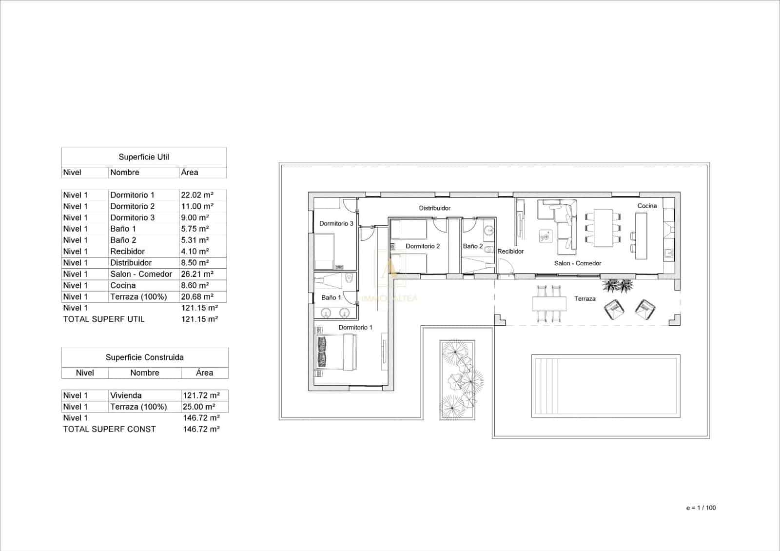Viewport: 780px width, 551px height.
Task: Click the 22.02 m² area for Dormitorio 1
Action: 197,195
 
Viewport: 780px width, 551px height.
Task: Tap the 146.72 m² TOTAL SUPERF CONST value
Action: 201,429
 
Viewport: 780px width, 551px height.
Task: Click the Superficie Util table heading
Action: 144,157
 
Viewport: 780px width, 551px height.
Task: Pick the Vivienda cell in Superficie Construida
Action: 126,395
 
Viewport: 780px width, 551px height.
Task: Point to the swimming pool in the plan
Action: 605,386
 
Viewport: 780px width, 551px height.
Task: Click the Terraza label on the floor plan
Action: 585,299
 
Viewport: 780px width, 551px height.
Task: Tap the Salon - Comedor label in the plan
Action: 577,263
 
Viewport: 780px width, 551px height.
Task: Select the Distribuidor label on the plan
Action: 434,208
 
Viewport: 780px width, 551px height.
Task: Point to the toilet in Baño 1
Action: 348,279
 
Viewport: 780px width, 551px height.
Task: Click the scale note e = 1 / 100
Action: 701,508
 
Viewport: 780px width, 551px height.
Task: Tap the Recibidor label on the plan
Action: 510,252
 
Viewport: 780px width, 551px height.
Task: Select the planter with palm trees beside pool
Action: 457,379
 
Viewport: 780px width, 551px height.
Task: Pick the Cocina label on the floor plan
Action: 647,206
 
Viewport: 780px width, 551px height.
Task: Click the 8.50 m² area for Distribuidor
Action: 195,263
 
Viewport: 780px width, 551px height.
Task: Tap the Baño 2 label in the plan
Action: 472,246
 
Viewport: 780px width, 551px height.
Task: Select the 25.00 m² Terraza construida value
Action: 198,407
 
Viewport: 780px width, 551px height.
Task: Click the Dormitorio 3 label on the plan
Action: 336,224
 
